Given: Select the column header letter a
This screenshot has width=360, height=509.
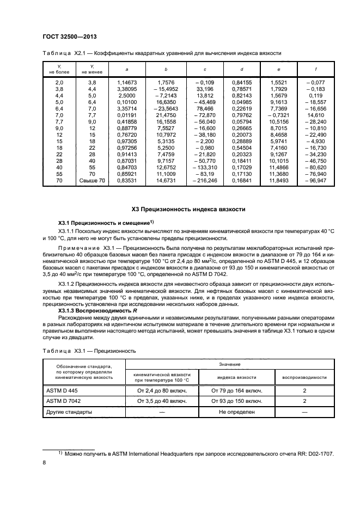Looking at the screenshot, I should click(126, 69).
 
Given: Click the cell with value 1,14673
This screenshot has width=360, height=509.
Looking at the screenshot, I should click(126, 82).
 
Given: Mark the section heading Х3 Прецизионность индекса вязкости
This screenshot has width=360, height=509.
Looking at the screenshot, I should click(188, 209).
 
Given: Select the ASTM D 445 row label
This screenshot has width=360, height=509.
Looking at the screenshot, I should click(59, 390).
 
